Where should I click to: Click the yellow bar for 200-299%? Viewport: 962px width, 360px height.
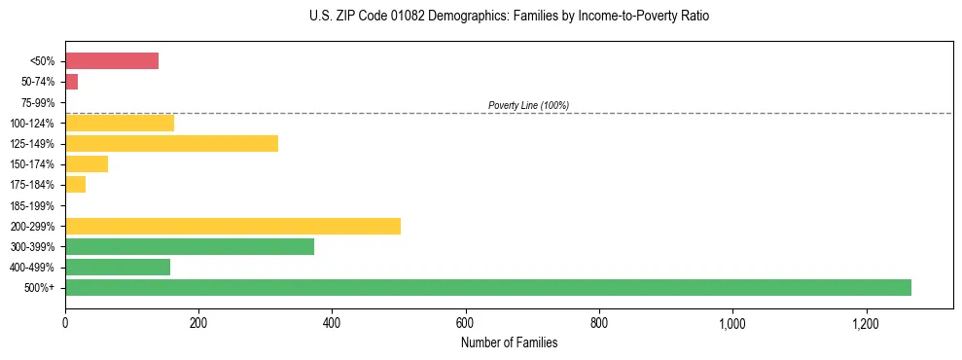(232, 226)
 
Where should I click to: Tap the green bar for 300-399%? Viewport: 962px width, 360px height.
(190, 246)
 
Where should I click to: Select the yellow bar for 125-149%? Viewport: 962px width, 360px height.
(171, 143)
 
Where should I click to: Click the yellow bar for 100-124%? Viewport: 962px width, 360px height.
(120, 123)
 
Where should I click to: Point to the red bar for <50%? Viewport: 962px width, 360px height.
(112, 60)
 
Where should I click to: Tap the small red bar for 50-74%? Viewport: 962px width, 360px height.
(71, 82)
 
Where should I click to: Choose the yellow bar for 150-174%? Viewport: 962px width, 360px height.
(87, 163)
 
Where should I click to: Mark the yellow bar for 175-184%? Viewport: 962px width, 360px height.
(75, 184)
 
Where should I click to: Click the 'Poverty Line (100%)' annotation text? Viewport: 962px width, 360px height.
(528, 105)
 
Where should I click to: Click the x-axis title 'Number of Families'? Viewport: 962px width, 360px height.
(509, 342)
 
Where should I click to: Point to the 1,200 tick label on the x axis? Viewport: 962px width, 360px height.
(865, 323)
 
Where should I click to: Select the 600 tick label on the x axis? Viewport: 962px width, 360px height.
(465, 323)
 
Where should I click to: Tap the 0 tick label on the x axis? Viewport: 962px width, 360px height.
(65, 323)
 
